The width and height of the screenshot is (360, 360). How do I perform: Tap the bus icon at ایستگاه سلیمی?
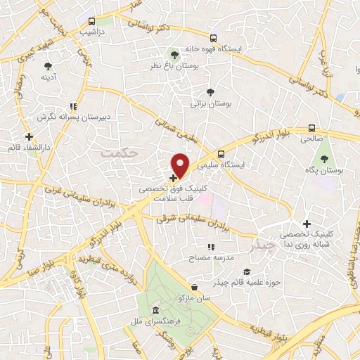click(x=222, y=154)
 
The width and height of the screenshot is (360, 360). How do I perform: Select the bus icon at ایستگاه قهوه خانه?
click(x=214, y=39)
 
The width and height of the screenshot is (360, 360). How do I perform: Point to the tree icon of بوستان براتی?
click(x=210, y=92)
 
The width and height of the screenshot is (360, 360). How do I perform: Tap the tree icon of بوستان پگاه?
click(x=324, y=159)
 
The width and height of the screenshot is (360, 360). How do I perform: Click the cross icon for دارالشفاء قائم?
click(x=29, y=136)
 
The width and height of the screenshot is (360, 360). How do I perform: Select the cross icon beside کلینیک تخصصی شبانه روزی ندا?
click(x=307, y=224)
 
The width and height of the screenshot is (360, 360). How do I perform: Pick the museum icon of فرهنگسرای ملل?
click(x=155, y=309)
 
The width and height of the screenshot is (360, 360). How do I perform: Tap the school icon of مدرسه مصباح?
click(x=210, y=247)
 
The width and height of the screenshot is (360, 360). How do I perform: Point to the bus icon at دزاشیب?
click(x=93, y=22)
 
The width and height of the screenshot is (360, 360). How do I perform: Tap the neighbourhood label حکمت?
click(x=117, y=151)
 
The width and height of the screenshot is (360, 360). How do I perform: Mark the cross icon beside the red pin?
click(x=173, y=177)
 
